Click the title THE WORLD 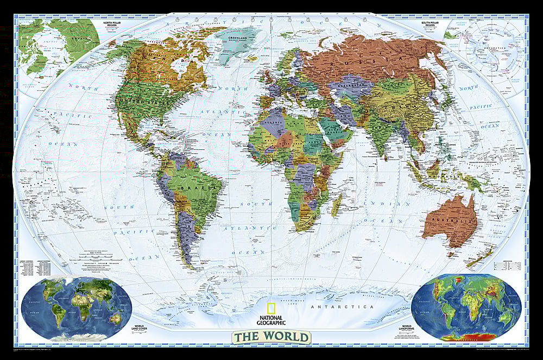tap(272, 337)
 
